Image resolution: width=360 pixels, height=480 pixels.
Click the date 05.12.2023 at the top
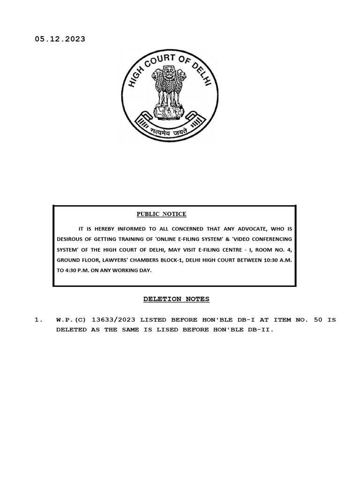coord(60,39)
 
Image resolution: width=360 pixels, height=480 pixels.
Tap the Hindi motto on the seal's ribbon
coord(169,133)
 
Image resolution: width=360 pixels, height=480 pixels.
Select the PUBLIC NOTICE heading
coord(161,214)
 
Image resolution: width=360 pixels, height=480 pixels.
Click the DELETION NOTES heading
coord(176,299)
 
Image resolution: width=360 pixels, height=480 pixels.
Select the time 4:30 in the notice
coord(72,271)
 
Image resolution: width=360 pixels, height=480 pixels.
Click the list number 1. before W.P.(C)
coord(38,320)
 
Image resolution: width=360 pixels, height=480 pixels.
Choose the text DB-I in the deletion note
coord(243,320)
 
